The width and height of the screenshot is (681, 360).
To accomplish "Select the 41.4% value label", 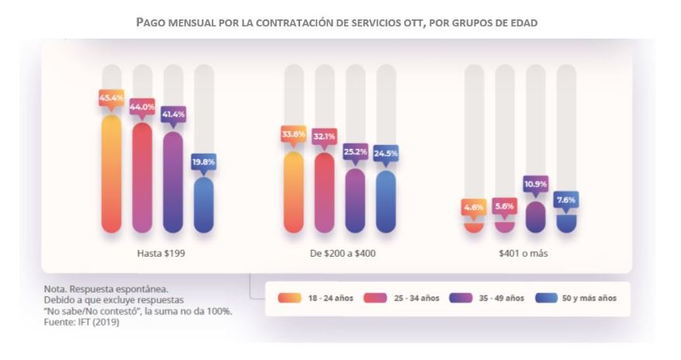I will (172, 115).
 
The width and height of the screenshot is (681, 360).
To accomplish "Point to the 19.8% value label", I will (203, 162).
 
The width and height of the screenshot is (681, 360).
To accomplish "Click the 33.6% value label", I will (294, 134).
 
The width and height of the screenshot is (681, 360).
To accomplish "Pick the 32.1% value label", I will (324, 137).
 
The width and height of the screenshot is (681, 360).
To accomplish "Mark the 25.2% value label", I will (355, 152).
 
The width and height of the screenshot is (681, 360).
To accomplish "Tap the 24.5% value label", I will (386, 154).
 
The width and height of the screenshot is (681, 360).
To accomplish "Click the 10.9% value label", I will (535, 185).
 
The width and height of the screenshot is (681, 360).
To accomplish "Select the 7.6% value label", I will (566, 199).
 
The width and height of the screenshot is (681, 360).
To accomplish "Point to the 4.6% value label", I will (474, 207).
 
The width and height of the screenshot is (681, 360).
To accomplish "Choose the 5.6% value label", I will (504, 207).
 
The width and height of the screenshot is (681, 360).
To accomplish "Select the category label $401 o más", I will (520, 254).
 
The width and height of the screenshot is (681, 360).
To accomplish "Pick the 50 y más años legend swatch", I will (546, 298).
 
